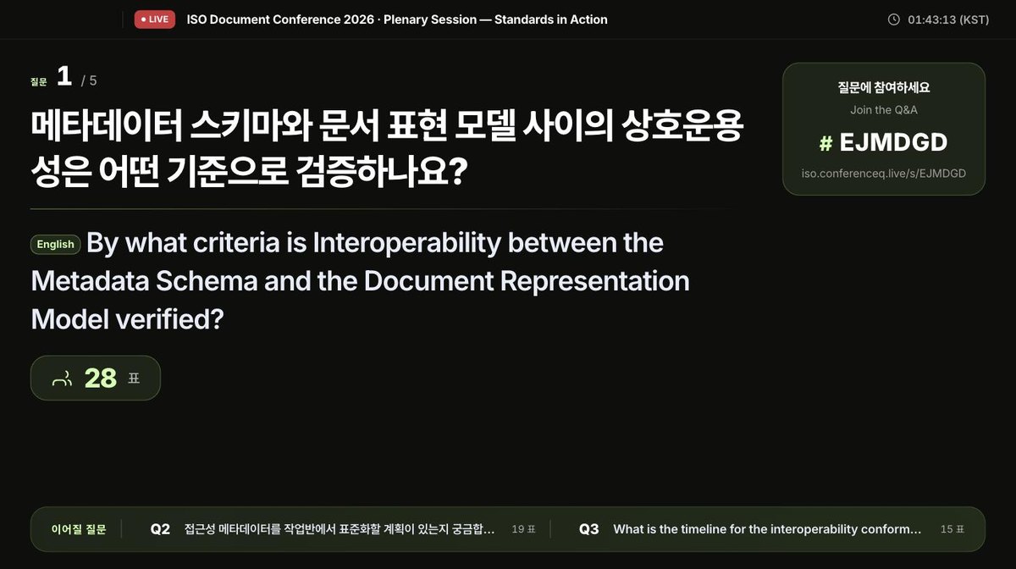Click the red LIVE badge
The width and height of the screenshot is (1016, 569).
[x=155, y=19]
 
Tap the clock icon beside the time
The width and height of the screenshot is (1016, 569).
[x=893, y=19]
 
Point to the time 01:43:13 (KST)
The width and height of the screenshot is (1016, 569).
[x=948, y=20]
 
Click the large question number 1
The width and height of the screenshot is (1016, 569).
[x=64, y=75]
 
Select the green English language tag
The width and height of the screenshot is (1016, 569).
[x=55, y=244]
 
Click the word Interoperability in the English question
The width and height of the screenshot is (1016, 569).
[x=407, y=243]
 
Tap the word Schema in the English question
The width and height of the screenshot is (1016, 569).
[x=207, y=281]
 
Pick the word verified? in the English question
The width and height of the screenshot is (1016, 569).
[x=169, y=319]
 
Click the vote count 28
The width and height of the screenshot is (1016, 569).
[x=100, y=378]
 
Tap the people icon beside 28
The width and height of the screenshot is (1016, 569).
[x=62, y=378]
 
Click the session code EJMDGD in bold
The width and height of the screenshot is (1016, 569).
[x=893, y=142]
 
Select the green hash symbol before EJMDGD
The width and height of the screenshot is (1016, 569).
[x=826, y=143]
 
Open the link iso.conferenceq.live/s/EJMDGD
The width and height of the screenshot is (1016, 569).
[x=884, y=174]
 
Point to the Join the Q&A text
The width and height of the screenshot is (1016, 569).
[x=884, y=110]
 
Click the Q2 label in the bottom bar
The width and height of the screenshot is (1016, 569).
[x=160, y=529]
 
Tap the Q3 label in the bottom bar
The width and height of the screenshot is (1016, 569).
[x=588, y=529]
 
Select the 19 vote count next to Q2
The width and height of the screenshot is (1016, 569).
[x=518, y=529]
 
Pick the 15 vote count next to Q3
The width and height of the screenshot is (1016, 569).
[x=947, y=529]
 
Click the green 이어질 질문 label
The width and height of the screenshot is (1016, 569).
[x=79, y=529]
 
